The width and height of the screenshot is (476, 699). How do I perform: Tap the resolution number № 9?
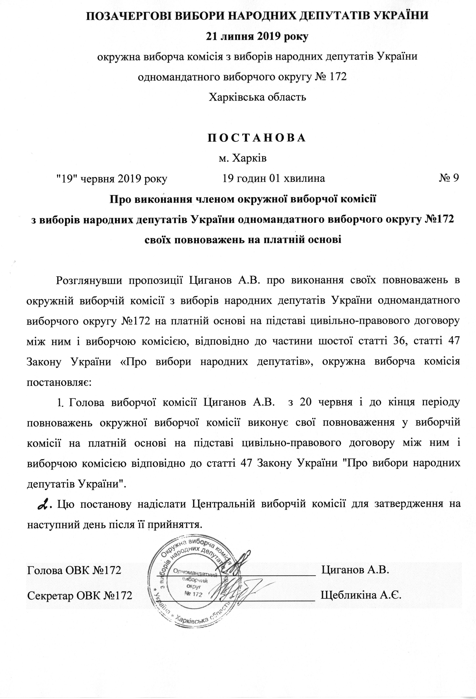pos(449,178)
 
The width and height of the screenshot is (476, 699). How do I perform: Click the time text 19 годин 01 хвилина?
pos(274,178)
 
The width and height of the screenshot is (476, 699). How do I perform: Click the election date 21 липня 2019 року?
pos(257,37)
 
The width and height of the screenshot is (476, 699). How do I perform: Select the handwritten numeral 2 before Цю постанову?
pos(44,504)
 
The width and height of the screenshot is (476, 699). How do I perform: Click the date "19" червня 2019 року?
pos(112,179)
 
